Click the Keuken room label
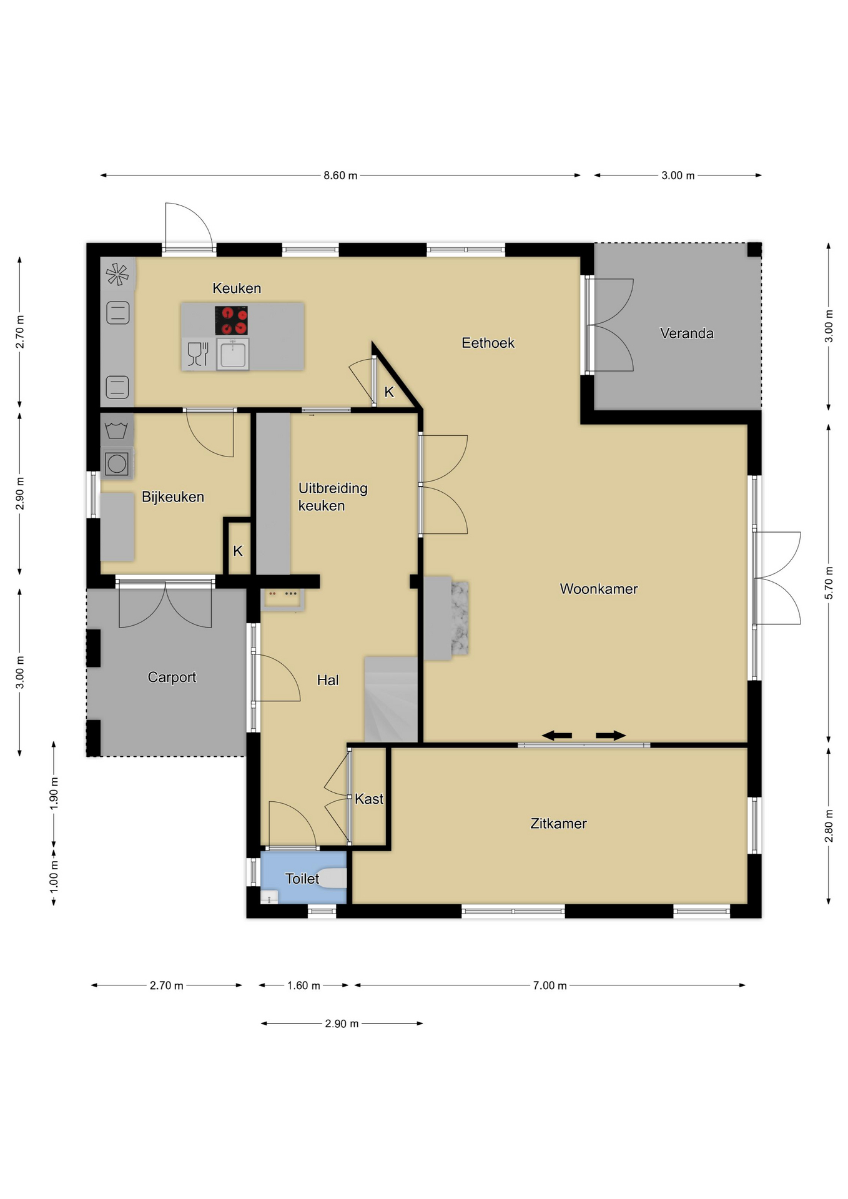(x=237, y=288)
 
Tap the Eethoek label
(x=488, y=342)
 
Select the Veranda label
(x=686, y=333)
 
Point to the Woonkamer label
(x=598, y=588)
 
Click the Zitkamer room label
(x=558, y=823)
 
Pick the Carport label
(x=172, y=677)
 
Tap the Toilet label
(x=302, y=879)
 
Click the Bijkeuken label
(x=173, y=496)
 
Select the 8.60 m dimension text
(x=340, y=175)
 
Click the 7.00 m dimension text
(x=550, y=985)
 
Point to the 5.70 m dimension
(x=829, y=583)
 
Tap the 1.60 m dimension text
(x=303, y=985)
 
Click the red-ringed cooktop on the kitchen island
(x=231, y=320)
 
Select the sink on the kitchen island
(x=233, y=354)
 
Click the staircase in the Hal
(x=391, y=699)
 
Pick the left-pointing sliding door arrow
(x=556, y=736)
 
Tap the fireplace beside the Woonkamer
(x=446, y=618)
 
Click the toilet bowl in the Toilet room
(x=333, y=878)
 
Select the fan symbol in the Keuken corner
(x=117, y=274)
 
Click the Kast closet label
(x=369, y=799)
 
